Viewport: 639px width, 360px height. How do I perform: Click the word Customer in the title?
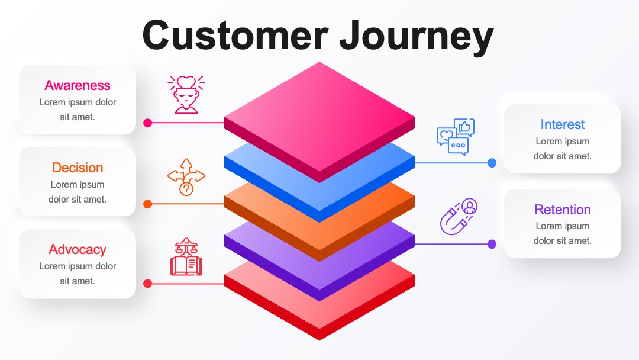pos(235,35)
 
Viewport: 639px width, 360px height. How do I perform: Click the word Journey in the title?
pos(416,37)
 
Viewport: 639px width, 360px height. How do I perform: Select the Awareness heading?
pos(78,85)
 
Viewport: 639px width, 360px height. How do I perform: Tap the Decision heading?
pos(78,168)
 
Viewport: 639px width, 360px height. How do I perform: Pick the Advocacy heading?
pos(78,249)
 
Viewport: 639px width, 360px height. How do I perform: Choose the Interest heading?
pos(563,124)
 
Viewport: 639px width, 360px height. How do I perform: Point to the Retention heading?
pos(563,210)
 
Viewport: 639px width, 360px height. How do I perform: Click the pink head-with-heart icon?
pos(186,95)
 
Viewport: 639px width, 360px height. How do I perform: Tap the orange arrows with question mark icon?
pos(186,177)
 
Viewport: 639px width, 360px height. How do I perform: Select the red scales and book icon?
pos(186,257)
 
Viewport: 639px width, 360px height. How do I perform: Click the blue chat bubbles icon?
pos(456,137)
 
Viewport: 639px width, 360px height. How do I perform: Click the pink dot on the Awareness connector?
pos(147,123)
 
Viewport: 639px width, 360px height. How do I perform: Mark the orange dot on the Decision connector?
pos(147,204)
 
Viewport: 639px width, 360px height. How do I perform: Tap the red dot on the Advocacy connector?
pos(147,284)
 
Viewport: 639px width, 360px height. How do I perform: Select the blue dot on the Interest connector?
pos(492,163)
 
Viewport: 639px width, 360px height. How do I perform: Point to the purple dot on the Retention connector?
pos(492,244)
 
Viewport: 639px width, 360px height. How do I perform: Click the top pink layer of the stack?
pos(319,116)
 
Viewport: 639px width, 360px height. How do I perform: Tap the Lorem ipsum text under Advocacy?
pos(78,274)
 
